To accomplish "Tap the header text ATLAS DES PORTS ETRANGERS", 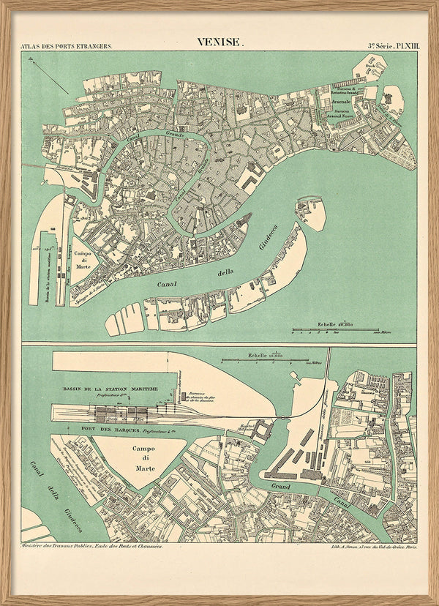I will [67, 46].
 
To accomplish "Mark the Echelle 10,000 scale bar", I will [266, 358].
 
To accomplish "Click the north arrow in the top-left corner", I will [48, 75].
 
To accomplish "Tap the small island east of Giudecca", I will [311, 212].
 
